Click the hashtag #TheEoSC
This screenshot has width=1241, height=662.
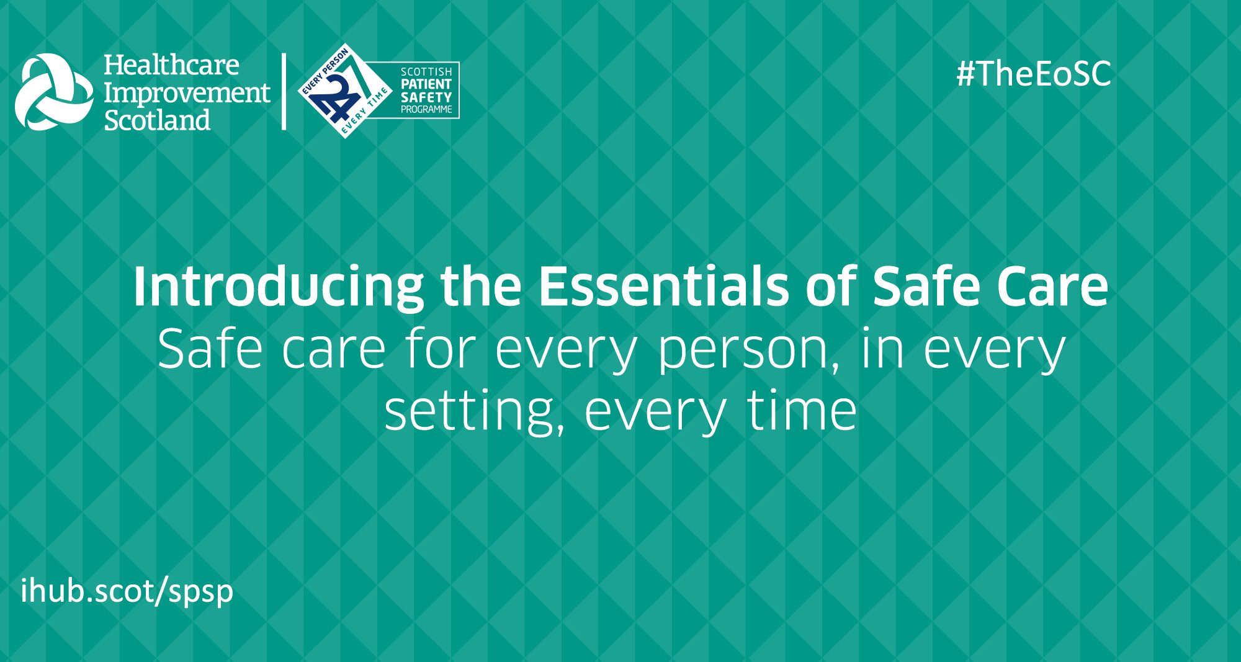click(x=1034, y=74)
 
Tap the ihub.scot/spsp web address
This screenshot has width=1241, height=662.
click(x=127, y=590)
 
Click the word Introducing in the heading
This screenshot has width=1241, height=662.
click(x=279, y=287)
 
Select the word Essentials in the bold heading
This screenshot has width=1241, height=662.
click(x=663, y=286)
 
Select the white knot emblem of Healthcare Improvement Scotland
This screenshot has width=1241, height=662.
click(x=54, y=92)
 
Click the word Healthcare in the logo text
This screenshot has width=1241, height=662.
click(x=171, y=65)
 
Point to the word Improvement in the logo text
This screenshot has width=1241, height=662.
click(x=187, y=94)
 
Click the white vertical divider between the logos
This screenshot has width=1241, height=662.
click(x=284, y=92)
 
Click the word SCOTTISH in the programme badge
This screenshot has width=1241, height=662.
click(x=426, y=72)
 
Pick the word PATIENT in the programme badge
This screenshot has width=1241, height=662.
click(x=426, y=84)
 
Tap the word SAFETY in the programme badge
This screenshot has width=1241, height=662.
click(x=426, y=97)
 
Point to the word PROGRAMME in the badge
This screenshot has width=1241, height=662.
click(x=426, y=109)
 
